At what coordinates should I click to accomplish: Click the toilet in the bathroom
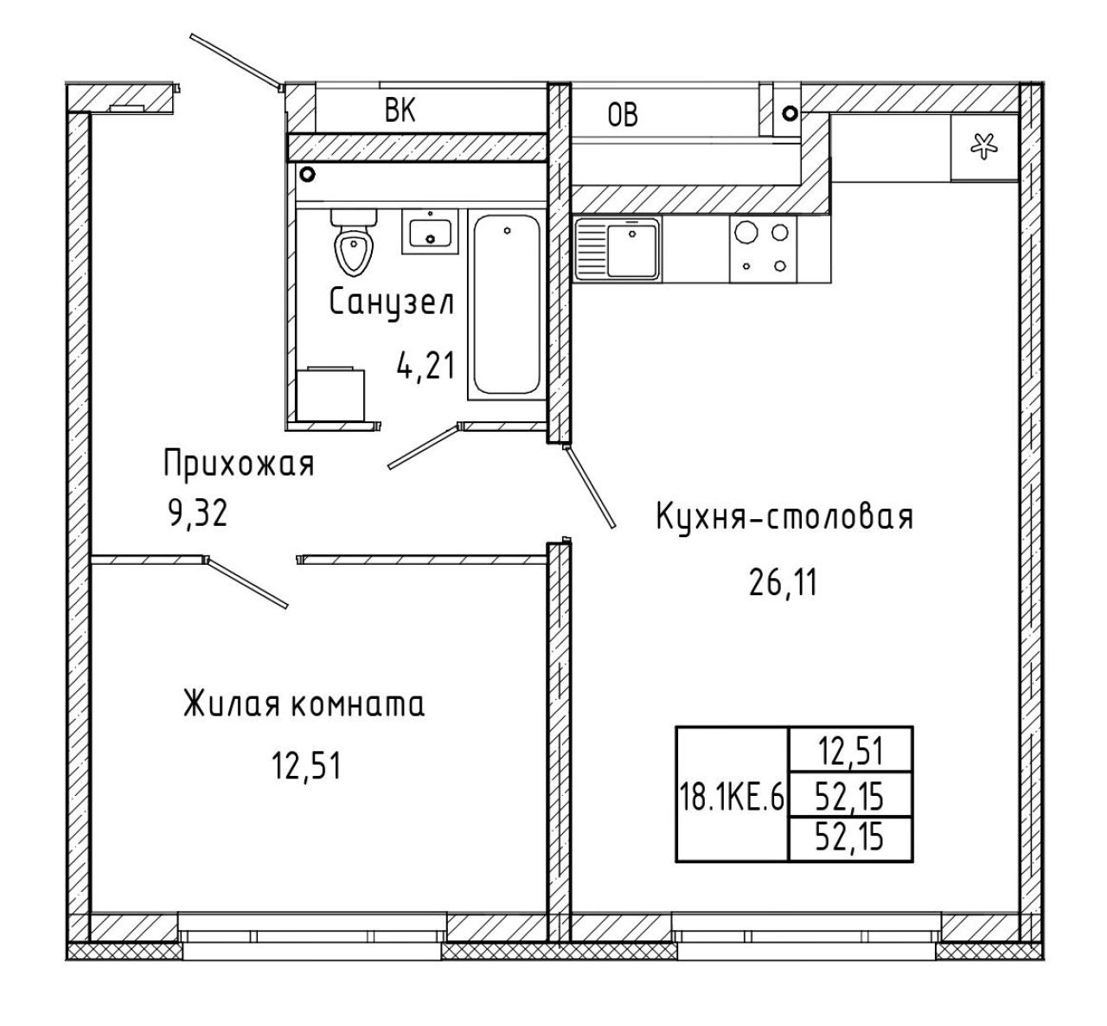coord(354,242)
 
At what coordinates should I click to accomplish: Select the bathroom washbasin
coord(430,231)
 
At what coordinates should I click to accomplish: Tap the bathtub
coord(506,305)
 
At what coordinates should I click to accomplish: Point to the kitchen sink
coord(617,248)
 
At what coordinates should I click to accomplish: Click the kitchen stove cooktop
coord(763,248)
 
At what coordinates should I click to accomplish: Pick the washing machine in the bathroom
coord(330,394)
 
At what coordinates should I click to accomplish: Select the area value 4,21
coord(426,366)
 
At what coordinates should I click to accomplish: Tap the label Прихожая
coord(239,464)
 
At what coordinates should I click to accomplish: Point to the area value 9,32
coord(198,512)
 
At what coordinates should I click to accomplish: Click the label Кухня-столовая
coord(784,516)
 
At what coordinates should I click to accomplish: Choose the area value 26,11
coord(784,583)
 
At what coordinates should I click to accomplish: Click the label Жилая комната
coord(304,703)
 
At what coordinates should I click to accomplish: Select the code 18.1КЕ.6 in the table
coord(732,796)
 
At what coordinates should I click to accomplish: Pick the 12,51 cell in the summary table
coord(851,751)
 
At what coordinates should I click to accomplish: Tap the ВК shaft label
coord(400,109)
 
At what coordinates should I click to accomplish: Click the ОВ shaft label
coord(623,115)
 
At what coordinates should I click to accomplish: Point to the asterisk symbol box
coord(984,147)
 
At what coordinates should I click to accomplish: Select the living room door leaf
coord(247,583)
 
